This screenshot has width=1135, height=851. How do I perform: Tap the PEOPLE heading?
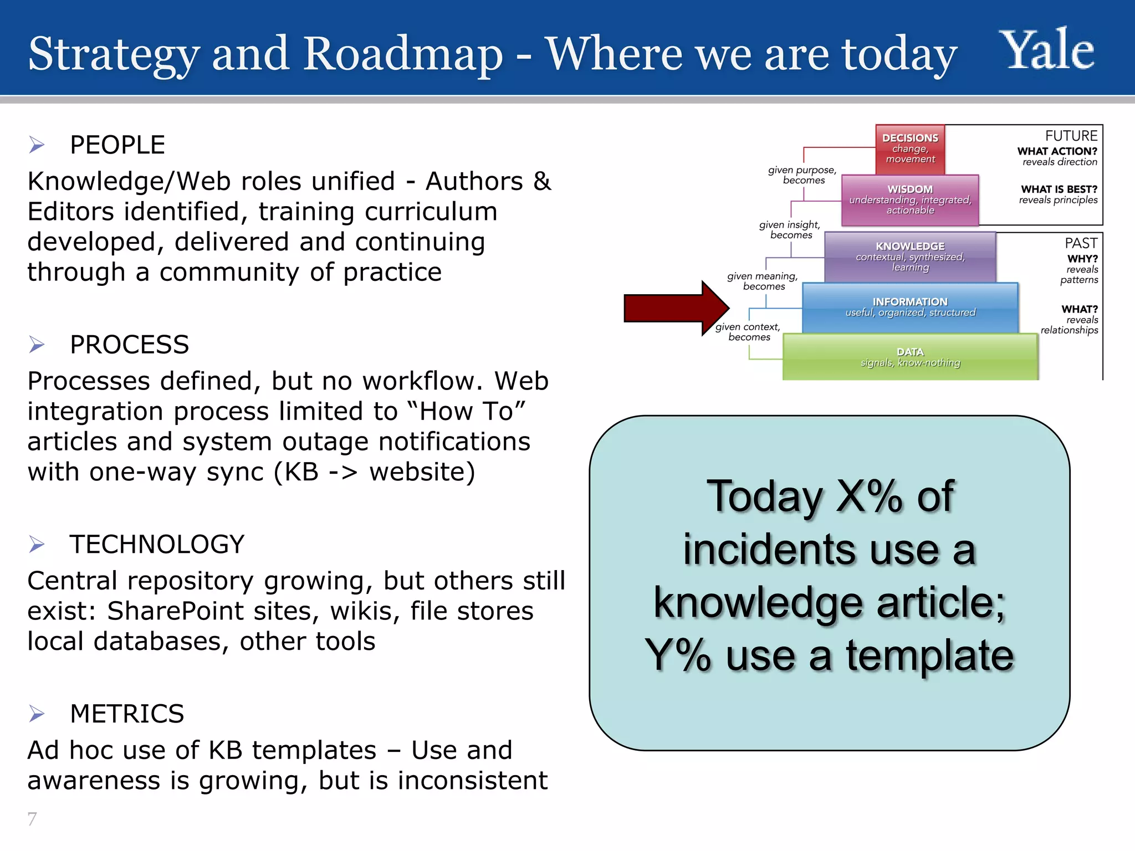coord(117,145)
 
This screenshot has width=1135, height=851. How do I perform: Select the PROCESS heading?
coord(129,345)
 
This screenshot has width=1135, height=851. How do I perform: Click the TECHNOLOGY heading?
coord(157,544)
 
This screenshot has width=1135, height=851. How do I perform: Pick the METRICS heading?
coord(127,714)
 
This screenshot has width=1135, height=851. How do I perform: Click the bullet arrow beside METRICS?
coord(37,714)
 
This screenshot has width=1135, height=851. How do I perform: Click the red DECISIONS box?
coord(910,148)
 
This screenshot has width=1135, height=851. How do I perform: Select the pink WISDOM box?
coord(910,200)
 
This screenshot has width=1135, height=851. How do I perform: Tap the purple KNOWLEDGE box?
coord(910,257)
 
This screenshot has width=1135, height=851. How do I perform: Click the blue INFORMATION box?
coord(910,307)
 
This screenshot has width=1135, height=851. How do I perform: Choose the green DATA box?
coord(910,357)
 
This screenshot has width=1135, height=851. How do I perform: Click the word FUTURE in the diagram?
coord(1071,136)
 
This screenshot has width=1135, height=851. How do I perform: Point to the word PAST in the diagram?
coord(1080,243)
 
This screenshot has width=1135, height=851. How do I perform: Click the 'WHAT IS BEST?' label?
coord(1059,189)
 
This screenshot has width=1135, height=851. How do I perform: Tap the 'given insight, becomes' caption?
coord(790,229)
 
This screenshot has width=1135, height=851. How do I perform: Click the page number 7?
coord(32,818)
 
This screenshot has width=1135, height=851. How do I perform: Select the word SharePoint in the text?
coord(175,611)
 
